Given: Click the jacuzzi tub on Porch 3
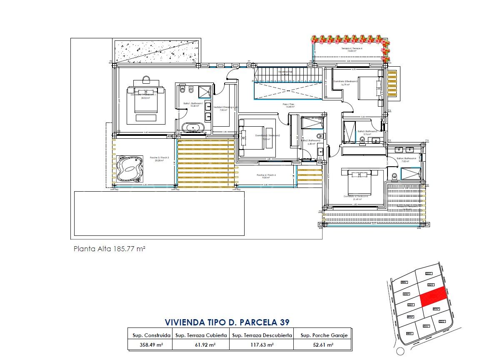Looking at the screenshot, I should (130, 169).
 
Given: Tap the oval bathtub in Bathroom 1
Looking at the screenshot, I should (193, 127).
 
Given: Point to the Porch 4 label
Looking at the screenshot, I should (266, 175).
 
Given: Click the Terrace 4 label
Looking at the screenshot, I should (352, 49).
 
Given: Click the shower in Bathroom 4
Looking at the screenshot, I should (410, 172).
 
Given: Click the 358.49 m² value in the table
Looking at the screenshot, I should (150, 345).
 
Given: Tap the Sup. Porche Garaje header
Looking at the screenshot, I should (321, 335).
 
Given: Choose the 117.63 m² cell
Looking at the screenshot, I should (261, 345).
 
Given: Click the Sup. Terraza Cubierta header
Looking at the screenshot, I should (201, 335).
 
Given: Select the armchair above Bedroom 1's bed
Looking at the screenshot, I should (146, 80).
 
